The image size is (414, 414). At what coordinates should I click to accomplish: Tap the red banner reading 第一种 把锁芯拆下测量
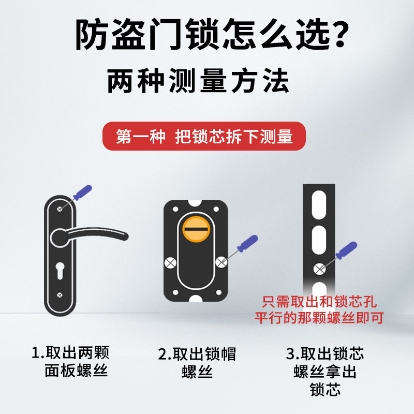(204, 136)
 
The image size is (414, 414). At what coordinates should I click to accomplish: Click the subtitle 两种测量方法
(198, 80)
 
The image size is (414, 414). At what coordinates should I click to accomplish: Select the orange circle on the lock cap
(196, 229)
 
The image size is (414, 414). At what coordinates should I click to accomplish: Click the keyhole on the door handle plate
(60, 271)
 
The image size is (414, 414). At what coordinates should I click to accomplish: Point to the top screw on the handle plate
(60, 209)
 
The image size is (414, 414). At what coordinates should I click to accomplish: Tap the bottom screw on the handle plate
(60, 295)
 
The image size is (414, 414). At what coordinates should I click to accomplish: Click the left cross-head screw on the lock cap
(170, 263)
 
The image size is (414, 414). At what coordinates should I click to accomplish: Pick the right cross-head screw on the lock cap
(221, 262)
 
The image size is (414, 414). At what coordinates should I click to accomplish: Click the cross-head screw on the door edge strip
(319, 269)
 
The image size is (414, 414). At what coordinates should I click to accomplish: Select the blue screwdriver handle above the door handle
(83, 193)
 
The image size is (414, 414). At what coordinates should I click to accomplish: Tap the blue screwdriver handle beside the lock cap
(248, 243)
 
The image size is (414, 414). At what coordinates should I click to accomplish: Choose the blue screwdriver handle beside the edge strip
(346, 250)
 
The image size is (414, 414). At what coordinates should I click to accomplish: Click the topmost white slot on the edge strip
(319, 205)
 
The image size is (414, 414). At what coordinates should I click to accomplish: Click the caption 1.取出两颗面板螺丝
(70, 361)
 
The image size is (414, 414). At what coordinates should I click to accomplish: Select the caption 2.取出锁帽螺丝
(197, 362)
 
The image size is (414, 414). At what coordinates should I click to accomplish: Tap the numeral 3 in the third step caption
(290, 354)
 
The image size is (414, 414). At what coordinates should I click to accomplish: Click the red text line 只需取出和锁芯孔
(319, 302)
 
